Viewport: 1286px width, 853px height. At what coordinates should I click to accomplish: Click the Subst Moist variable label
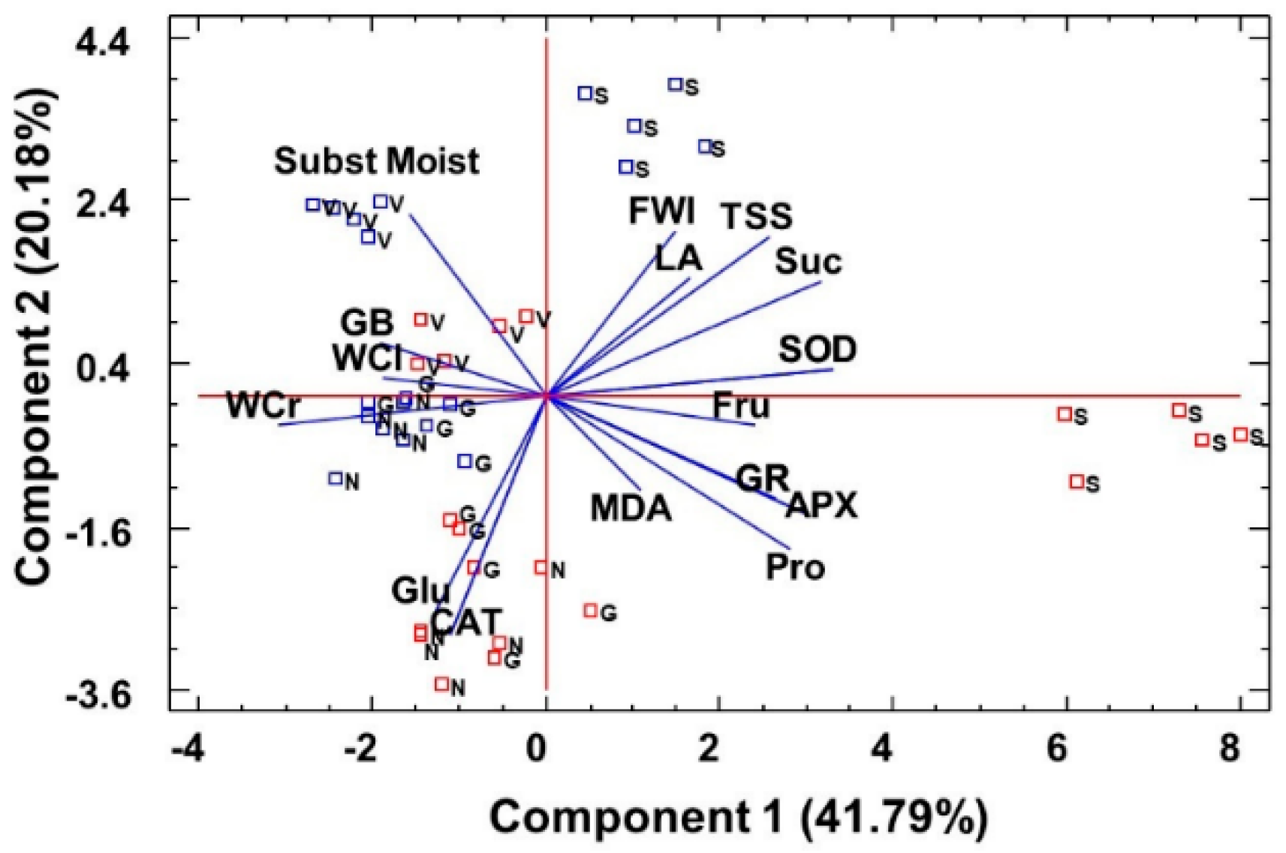click(x=376, y=161)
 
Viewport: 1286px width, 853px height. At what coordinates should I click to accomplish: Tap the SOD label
click(x=818, y=350)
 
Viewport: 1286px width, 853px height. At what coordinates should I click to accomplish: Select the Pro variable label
click(x=795, y=567)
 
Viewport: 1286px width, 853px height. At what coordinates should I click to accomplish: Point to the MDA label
click(x=631, y=509)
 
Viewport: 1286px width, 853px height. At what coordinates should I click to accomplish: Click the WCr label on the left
click(x=264, y=406)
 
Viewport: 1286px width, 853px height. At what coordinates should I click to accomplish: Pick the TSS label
click(x=757, y=216)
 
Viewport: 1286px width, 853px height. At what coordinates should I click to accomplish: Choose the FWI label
click(x=661, y=211)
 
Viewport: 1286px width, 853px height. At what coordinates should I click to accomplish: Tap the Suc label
click(x=808, y=262)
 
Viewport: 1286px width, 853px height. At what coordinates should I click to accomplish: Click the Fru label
click(x=741, y=406)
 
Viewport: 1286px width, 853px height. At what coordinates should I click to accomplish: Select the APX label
click(x=821, y=506)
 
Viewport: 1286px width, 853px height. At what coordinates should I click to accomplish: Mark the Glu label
click(x=420, y=591)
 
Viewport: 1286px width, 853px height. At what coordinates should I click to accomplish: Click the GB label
click(x=367, y=323)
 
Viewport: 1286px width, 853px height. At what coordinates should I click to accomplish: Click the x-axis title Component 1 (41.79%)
click(x=739, y=817)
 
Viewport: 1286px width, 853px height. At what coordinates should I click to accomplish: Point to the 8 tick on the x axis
click(x=1229, y=749)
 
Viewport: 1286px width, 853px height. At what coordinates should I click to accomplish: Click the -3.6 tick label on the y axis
click(x=98, y=696)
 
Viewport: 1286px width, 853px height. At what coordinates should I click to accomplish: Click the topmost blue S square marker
click(x=676, y=85)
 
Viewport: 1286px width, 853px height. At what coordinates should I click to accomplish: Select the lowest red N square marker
click(x=442, y=684)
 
